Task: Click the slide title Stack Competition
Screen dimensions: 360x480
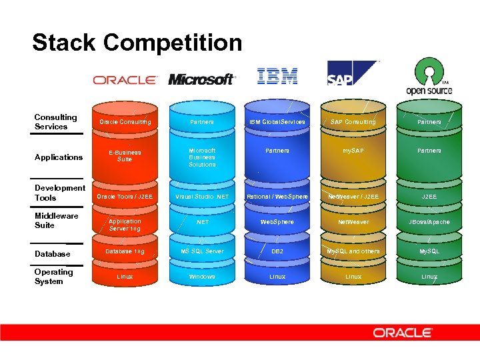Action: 137,43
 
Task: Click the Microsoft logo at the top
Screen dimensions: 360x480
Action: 201,79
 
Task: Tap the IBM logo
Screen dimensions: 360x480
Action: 277,76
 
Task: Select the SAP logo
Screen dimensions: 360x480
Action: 352,74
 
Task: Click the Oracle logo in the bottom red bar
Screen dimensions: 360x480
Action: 403,332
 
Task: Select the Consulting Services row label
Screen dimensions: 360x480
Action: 56,122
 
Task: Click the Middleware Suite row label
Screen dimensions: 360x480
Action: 57,221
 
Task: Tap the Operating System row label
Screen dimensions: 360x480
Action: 54,277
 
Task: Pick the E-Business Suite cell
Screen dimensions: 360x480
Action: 125,156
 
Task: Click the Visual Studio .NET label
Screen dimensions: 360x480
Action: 202,197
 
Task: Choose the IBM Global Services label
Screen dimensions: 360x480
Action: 277,122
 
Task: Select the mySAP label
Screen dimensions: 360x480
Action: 353,151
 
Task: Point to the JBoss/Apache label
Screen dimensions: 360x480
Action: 429,221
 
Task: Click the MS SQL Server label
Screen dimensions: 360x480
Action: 202,251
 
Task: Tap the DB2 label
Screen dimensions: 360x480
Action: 277,251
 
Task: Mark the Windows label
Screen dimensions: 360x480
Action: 202,277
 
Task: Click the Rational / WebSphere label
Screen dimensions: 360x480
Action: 277,197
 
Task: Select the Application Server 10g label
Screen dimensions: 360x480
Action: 125,225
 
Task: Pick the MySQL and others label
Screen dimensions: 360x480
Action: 353,251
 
